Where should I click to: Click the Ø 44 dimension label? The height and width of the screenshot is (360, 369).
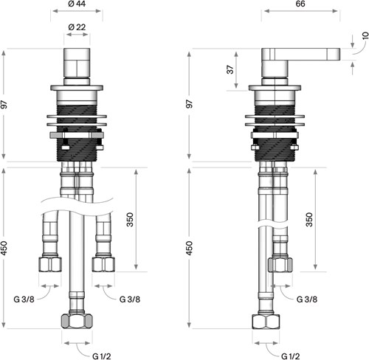(77, 4)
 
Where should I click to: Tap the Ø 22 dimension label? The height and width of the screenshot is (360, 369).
(77, 27)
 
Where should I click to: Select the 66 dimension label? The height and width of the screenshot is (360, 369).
(300, 4)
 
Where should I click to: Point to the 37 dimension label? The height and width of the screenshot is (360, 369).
(230, 69)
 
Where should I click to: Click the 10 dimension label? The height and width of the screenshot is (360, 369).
(365, 35)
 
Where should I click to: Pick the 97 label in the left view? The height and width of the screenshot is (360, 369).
(4, 104)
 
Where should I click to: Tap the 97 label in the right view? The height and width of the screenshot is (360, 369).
(189, 104)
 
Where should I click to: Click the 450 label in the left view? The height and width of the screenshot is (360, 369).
(4, 248)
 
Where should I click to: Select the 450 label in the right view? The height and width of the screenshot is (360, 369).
(189, 248)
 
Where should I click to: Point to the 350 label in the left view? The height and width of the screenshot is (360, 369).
(130, 219)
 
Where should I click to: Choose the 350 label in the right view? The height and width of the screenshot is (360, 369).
(309, 219)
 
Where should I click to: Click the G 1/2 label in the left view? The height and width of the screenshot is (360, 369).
(102, 356)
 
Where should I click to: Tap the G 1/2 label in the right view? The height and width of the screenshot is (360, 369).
(291, 356)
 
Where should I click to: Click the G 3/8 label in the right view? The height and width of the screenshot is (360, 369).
(307, 300)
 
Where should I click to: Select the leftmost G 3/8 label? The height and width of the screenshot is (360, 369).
(24, 300)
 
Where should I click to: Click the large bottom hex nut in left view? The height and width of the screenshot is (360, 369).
(77, 321)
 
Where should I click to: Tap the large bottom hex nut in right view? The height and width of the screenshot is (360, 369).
(266, 321)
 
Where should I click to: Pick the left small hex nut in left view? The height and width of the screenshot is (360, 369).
(50, 264)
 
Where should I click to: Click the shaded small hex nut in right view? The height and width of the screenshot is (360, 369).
(280, 265)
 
